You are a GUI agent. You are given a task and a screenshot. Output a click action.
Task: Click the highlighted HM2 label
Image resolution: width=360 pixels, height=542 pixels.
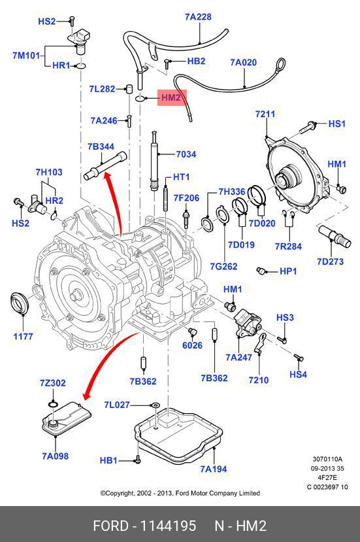(171, 97)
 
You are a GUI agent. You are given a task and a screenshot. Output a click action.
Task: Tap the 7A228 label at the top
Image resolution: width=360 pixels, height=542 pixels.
(198, 16)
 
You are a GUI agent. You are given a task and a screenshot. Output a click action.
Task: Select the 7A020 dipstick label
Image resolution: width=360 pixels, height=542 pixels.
(244, 62)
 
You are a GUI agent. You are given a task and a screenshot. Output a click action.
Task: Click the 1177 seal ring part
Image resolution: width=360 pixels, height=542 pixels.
(18, 303)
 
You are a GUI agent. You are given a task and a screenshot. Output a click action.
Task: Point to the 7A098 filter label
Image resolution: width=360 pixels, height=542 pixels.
(56, 456)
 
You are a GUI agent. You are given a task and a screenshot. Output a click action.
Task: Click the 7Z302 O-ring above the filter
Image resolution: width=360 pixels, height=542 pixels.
(53, 404)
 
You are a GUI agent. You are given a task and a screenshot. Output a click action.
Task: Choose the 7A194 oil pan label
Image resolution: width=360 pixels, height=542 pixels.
(214, 469)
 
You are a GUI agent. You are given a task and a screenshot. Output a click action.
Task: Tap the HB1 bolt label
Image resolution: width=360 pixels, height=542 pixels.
(108, 460)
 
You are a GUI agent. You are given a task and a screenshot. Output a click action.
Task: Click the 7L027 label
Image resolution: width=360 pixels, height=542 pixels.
(117, 405)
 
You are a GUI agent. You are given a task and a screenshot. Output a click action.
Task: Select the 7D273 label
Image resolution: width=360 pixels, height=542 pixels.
(331, 262)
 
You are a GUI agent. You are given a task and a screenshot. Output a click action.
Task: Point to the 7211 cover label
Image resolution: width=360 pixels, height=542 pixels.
(265, 114)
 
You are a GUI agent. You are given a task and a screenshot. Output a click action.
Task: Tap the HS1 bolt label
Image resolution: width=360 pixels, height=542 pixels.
(336, 124)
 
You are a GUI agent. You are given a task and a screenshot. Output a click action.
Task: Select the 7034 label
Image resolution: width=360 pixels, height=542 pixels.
(186, 154)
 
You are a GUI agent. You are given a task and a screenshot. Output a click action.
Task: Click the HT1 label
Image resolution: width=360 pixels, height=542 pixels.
(181, 177)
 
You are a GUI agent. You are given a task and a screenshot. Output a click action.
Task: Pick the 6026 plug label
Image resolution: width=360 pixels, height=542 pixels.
(193, 345)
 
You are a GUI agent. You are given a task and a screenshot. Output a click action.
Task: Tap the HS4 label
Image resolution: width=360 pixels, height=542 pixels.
(298, 374)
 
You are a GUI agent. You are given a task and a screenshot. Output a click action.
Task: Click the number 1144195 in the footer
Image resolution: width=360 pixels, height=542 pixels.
(168, 526)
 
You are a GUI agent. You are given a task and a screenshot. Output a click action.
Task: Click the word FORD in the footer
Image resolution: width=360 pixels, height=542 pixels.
(110, 526)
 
